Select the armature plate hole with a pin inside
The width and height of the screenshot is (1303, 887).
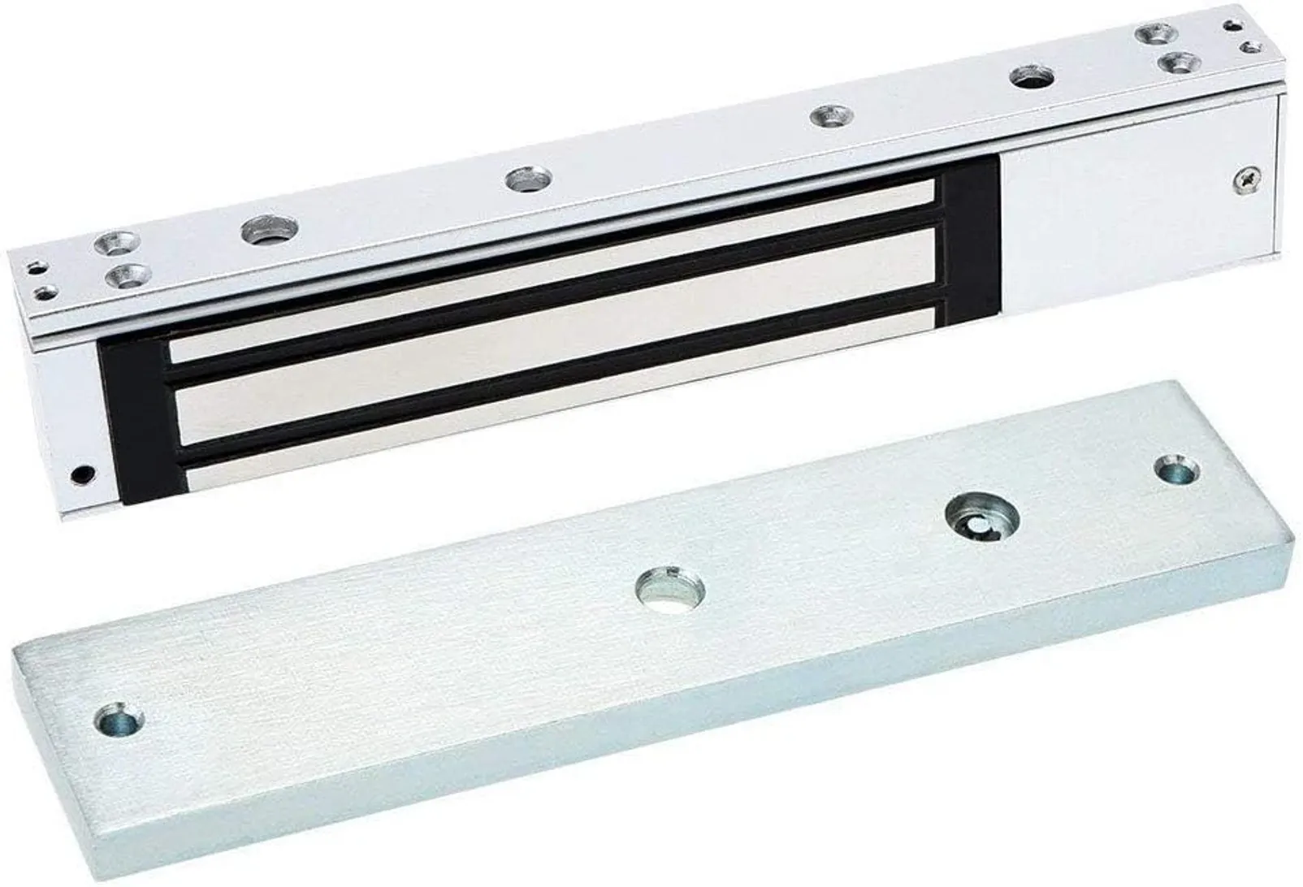(x=986, y=515)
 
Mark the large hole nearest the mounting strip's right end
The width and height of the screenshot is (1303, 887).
(x=1032, y=79)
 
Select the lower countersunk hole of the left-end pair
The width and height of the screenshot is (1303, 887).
(x=126, y=275)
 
